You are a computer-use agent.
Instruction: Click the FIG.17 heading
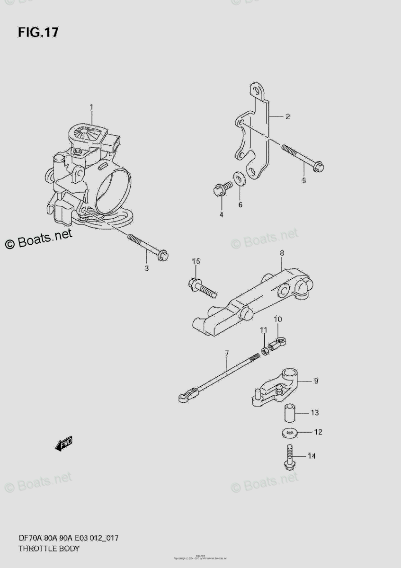tap(38, 32)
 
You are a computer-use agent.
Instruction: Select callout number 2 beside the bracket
tap(287, 116)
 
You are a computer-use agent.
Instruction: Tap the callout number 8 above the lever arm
tap(282, 254)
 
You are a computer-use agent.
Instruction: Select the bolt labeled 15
tap(201, 286)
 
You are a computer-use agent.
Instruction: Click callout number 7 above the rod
tap(227, 353)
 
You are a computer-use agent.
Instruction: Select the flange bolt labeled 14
tap(289, 457)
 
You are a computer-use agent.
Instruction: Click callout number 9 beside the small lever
tap(316, 380)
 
